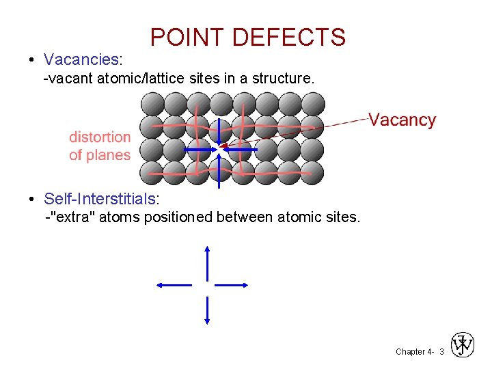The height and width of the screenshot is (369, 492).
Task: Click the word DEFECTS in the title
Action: click(x=289, y=37)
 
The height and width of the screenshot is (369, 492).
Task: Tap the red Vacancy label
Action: click(x=402, y=120)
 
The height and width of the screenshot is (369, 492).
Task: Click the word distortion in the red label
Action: click(x=100, y=137)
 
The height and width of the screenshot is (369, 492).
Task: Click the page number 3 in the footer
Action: click(x=441, y=351)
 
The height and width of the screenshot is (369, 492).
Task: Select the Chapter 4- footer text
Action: click(x=413, y=351)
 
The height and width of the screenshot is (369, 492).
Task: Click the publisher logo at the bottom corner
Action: click(x=463, y=345)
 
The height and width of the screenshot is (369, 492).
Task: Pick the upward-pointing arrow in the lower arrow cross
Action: click(x=207, y=263)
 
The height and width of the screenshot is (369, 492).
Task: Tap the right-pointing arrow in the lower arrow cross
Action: click(x=232, y=285)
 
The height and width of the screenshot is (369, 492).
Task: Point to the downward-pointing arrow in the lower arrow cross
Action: click(x=207, y=310)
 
